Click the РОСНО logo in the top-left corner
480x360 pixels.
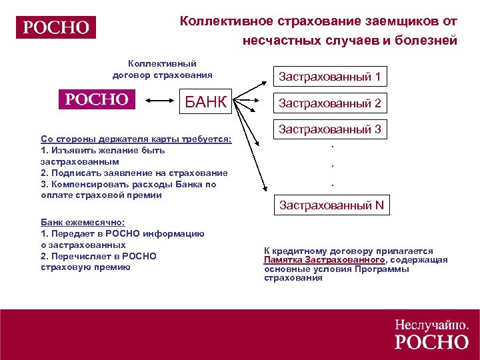pos(57,27)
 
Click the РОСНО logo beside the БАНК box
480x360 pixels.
pos(97,99)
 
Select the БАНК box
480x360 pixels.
pos(207,103)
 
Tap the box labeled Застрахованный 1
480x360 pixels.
pos(329,77)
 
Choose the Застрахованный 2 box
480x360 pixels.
pos(329,103)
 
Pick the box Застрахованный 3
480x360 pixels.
pos(329,129)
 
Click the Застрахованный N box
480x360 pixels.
pos(331,205)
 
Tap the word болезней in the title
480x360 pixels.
pos(426,41)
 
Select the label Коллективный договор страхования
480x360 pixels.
pos(163,69)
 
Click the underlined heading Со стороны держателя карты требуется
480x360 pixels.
pos(136,139)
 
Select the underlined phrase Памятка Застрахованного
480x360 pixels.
pos(324,259)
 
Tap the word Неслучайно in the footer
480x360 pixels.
pos(431,325)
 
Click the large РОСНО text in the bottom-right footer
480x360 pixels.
pos(431,342)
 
